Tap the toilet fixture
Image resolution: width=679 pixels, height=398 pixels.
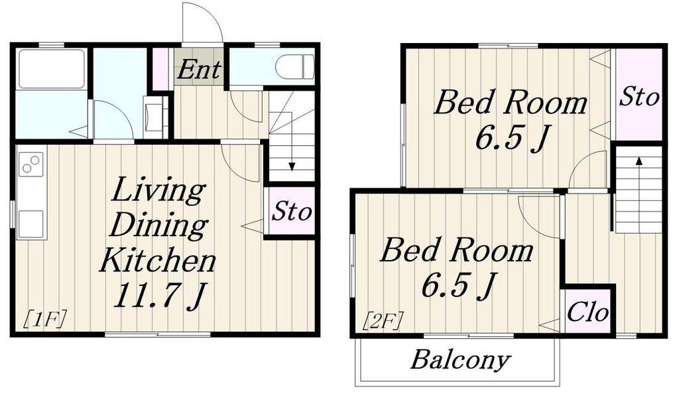[x=294, y=67]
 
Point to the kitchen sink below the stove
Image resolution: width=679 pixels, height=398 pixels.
[x=31, y=224]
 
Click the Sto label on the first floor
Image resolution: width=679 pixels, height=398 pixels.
[x=292, y=212]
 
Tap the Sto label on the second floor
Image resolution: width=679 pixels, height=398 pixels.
[x=639, y=96]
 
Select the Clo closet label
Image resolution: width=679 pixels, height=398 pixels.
[x=587, y=311]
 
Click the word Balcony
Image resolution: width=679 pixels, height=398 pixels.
[x=460, y=360]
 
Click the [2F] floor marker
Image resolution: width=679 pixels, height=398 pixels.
[x=383, y=321]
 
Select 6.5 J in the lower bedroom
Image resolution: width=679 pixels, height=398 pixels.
[x=458, y=285]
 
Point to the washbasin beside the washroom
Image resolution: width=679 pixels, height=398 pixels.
[x=153, y=117]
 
